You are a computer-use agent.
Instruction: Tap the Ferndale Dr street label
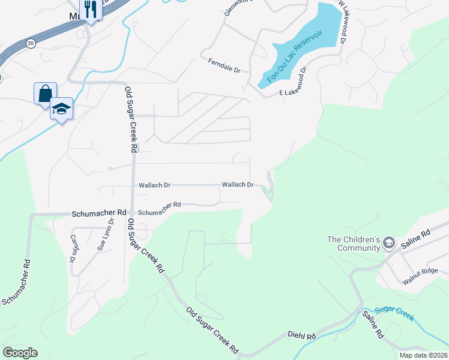click(x=224, y=65)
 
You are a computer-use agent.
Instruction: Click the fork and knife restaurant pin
click(x=91, y=10)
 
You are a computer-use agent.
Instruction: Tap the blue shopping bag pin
click(x=45, y=94)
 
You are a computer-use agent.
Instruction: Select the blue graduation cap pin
click(x=61, y=109)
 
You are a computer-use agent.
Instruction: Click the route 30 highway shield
click(x=30, y=43)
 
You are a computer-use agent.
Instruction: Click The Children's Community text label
click(x=354, y=244)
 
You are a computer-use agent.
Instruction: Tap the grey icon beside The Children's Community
click(x=388, y=243)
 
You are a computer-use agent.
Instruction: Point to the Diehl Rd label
click(x=301, y=337)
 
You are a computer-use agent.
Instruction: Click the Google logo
click(x=20, y=352)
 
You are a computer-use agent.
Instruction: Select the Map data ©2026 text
click(x=423, y=355)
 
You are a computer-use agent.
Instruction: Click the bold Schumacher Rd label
click(x=99, y=213)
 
